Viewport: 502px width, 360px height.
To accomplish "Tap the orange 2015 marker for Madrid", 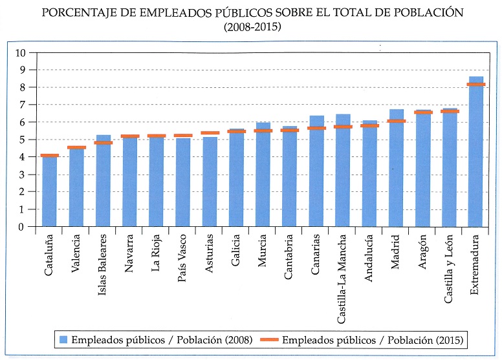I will tap(397, 121).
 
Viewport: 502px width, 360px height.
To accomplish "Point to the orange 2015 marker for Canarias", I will tap(317, 128).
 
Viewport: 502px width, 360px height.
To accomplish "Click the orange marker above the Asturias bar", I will tap(210, 132).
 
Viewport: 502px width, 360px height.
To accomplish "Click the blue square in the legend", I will tap(63, 339).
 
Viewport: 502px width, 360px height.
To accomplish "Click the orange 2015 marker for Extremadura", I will tap(476, 85).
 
